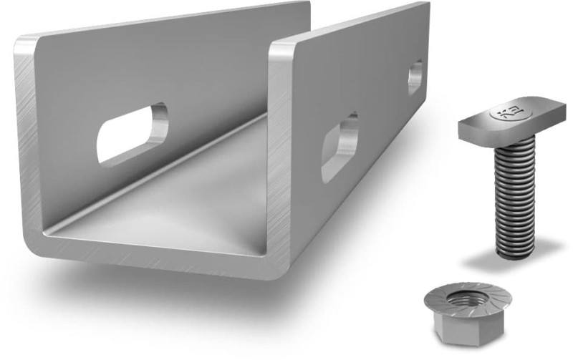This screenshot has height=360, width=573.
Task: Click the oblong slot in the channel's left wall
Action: [132, 132]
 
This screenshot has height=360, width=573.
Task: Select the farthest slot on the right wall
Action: [415, 77]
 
